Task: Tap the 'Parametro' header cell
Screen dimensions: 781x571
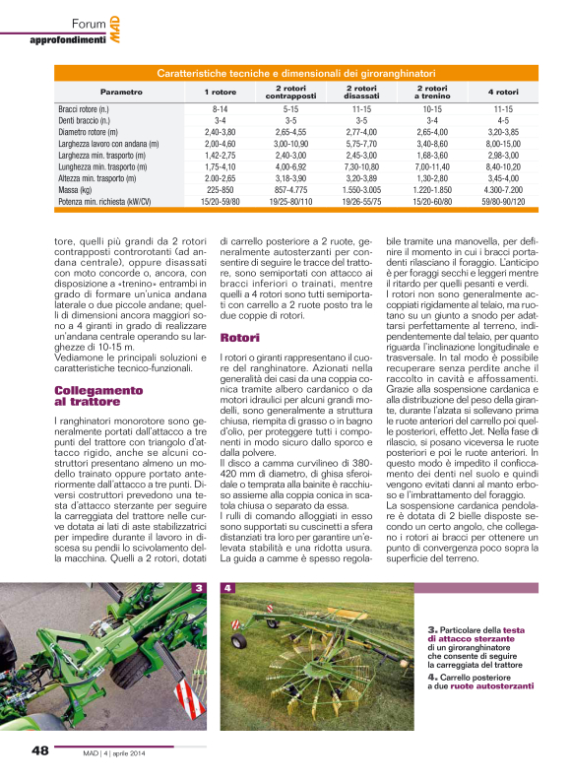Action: [x=120, y=91]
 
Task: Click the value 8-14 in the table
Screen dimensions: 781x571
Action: [x=220, y=109]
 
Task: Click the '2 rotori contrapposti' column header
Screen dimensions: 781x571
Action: [x=290, y=91]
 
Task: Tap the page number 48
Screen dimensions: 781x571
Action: [x=40, y=749]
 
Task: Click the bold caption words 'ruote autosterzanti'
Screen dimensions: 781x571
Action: [x=499, y=685]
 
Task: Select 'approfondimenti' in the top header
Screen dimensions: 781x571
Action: [x=68, y=39]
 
